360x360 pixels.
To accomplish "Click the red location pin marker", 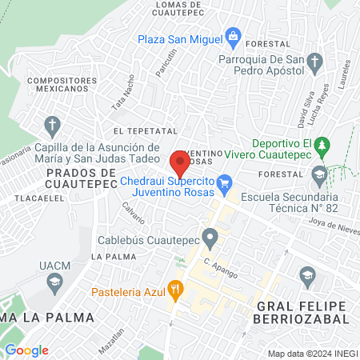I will click(180, 163).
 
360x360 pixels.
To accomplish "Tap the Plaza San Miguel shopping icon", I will click(233, 35).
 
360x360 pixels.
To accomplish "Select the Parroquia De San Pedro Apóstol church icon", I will click(316, 61).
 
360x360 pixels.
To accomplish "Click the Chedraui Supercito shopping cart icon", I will click(225, 183).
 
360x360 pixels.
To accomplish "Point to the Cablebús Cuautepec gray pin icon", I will click(210, 238).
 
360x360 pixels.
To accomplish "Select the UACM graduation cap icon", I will click(54, 281).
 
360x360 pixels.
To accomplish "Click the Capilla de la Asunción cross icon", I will click(53, 126).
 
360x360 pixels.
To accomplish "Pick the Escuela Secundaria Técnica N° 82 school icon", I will click(320, 174).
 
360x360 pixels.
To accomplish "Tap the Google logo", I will click(26, 350).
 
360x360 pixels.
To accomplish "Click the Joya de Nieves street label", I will click(332, 226).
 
